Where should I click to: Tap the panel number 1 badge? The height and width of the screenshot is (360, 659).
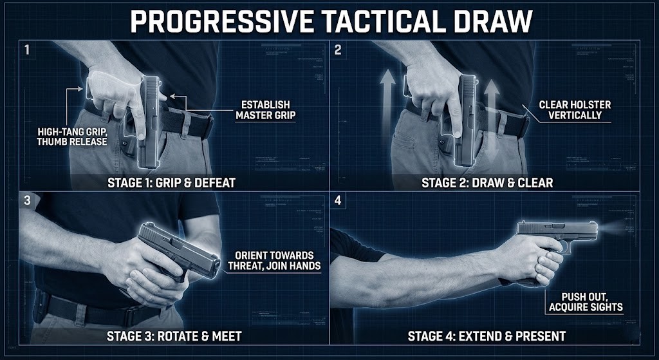(27, 50)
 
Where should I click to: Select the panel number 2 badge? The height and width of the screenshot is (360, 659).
(338, 50)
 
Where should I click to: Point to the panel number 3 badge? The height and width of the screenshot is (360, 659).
(27, 200)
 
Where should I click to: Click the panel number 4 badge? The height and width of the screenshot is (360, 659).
(338, 200)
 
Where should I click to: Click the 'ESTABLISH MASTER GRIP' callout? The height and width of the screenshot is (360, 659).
(266, 109)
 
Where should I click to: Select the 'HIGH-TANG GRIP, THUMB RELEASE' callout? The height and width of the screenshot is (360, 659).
(72, 137)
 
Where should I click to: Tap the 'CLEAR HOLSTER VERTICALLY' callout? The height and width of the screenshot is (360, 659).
(575, 109)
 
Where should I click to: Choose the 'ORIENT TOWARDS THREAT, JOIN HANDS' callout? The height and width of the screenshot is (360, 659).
(274, 260)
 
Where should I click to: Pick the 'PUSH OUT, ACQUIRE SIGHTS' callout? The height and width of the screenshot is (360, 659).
(586, 301)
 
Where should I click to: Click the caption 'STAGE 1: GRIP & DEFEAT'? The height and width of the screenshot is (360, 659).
(171, 182)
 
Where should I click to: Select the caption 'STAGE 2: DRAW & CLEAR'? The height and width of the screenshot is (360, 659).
(488, 182)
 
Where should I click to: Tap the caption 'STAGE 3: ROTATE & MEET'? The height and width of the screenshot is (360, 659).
(174, 336)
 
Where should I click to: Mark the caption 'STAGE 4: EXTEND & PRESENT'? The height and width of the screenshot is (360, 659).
(487, 336)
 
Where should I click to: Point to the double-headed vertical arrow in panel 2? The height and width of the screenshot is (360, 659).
(491, 122)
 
